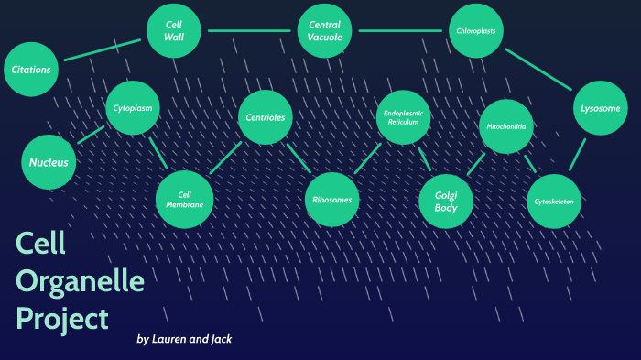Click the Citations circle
31,70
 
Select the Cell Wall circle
174,31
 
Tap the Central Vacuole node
325,31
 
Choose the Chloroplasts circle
476,31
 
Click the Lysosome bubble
600,108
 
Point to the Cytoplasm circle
133,108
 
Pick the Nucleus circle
48,162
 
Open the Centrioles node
266,118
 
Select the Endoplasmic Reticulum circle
403,117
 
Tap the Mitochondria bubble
506,126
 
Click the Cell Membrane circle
184,199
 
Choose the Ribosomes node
331,200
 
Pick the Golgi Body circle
445,200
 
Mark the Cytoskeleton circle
554,201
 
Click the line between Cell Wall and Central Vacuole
249,31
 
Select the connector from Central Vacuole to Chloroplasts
400,31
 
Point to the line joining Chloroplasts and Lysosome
538,70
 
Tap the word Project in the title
62,318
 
